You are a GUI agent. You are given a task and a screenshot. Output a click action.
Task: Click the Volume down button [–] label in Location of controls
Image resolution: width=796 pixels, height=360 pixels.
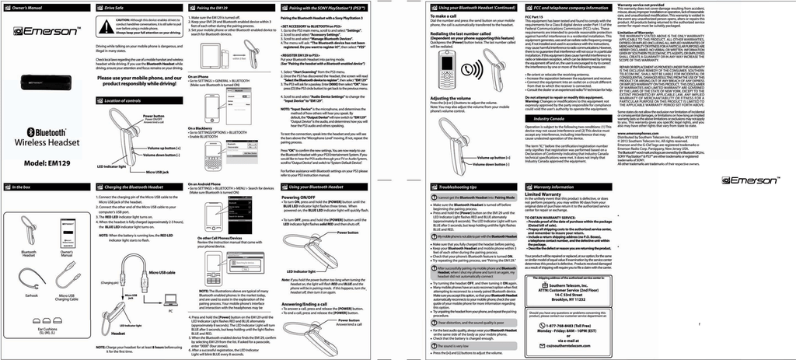click(x=169, y=155)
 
